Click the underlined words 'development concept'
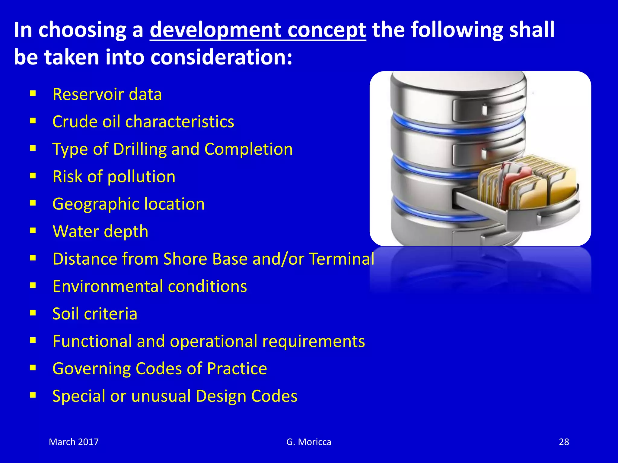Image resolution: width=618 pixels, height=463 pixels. (x=258, y=30)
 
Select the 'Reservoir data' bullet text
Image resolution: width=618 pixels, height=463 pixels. (x=107, y=94)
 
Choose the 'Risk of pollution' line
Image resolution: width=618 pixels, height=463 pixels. (x=114, y=177)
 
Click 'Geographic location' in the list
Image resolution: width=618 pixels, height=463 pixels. (x=129, y=204)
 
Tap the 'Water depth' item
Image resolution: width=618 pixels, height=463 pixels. (x=100, y=231)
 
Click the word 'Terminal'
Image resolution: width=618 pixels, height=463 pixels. (x=341, y=259)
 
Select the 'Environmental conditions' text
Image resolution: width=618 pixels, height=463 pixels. (x=150, y=286)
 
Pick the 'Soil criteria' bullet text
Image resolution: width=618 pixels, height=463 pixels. (x=95, y=314)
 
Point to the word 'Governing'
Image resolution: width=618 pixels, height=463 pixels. (x=91, y=369)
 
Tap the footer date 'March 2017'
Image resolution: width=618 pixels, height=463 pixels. (x=74, y=442)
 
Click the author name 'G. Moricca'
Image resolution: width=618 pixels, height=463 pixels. (x=309, y=442)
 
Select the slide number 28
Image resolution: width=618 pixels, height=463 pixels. (x=564, y=442)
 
